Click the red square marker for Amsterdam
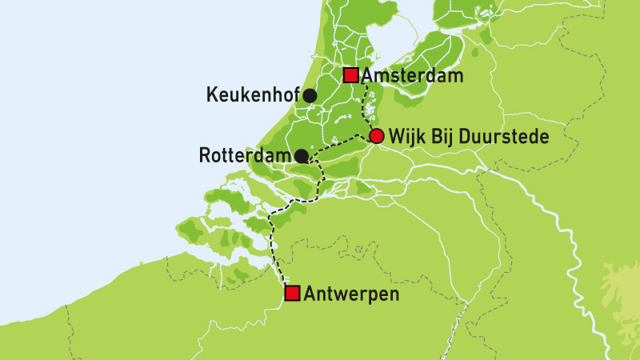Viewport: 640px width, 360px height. coord(350,76)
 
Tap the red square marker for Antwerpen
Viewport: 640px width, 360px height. coord(293,294)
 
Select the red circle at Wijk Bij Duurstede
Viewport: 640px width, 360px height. coord(376,137)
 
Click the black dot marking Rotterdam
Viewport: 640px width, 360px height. coord(301,155)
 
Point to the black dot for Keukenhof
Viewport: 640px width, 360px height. coord(309,96)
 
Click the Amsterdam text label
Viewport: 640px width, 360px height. coord(413,76)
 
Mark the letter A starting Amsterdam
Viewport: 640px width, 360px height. coord(368,76)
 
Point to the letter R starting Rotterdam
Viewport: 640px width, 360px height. coord(203,155)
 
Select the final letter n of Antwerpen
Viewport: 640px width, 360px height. coord(393,294)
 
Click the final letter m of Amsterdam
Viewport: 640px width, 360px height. coord(457,76)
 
